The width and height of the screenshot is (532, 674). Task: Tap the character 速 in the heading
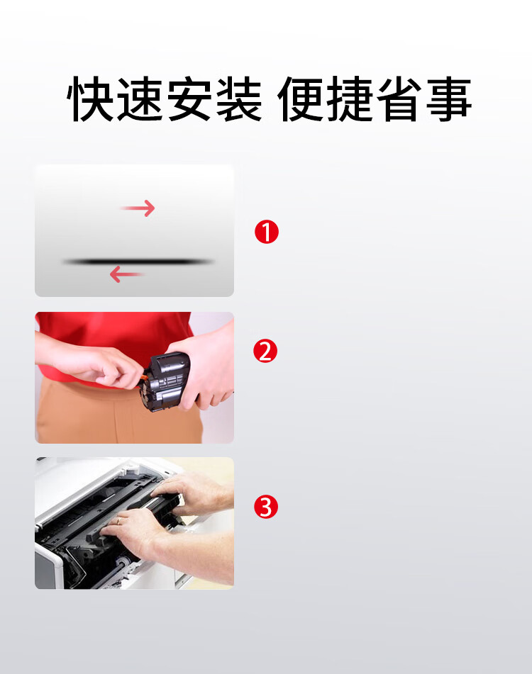(142, 99)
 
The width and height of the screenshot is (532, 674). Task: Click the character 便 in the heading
(301, 99)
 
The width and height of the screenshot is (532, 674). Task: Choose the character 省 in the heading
(399, 99)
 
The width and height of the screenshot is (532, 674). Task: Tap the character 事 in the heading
(448, 99)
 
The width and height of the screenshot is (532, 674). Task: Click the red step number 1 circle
(267, 232)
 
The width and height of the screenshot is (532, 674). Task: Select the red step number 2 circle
(265, 351)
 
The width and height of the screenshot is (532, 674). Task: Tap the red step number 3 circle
(266, 507)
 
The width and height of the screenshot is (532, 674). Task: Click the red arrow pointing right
(138, 208)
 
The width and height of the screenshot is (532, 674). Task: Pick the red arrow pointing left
(127, 274)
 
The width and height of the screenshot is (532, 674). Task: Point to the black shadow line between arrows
(138, 262)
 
